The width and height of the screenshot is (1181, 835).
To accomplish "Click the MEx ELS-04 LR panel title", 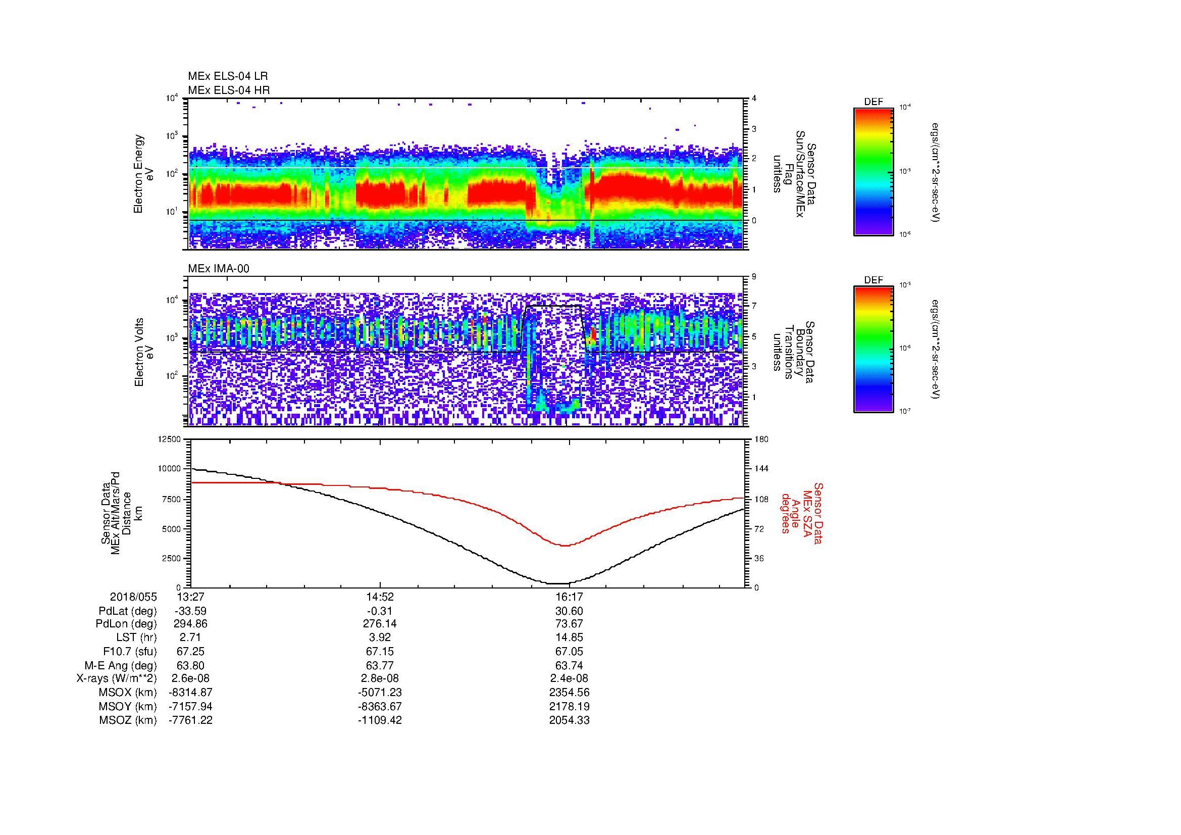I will (x=228, y=76).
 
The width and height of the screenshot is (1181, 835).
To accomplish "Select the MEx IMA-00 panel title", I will (x=219, y=269).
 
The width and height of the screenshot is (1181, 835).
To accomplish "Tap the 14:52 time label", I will (x=380, y=597).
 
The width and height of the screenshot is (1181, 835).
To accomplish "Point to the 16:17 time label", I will (x=569, y=597).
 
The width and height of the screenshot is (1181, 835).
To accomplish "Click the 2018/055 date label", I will (x=133, y=597).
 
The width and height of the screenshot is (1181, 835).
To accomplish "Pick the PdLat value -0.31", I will (x=380, y=611).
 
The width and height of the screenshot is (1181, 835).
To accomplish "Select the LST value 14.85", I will (x=569, y=638).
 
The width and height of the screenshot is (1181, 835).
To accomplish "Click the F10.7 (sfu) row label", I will (x=130, y=652).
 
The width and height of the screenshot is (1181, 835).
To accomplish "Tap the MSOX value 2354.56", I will (x=569, y=693).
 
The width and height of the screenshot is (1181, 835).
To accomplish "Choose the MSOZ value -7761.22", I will (x=190, y=720).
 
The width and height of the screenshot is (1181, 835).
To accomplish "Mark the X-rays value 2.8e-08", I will (x=380, y=678).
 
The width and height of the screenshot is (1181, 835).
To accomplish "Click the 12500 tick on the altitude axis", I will (x=169, y=439).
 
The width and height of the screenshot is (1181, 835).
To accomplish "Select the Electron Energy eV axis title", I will (x=144, y=174).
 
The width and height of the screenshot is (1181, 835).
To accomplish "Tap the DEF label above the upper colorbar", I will (x=873, y=102).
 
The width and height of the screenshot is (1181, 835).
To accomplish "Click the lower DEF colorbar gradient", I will (x=873, y=350).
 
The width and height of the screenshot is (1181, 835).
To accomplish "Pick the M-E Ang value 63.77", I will (x=380, y=665).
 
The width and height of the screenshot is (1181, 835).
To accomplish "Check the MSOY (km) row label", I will (x=128, y=706).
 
